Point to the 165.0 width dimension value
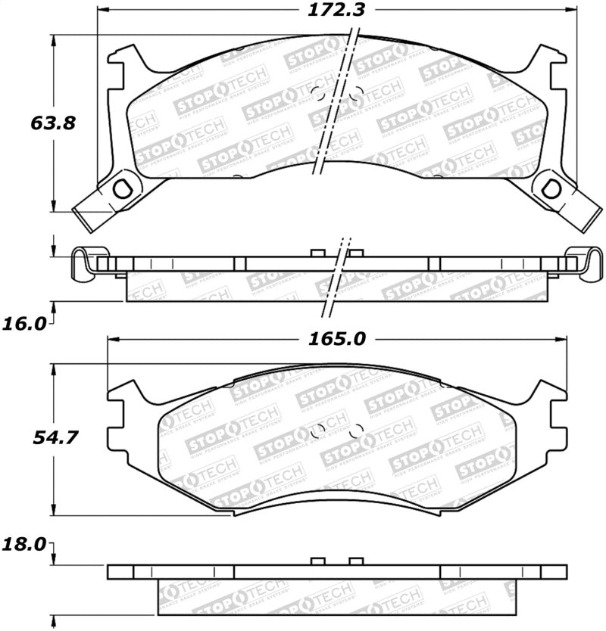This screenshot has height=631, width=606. pos(341,340)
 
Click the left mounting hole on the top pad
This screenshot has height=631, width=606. pos(119,188)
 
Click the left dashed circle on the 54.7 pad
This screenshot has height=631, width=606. pos(319,430)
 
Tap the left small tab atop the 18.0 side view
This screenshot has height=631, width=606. pos(318,561)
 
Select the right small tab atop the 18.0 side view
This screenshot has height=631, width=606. pos(354,561)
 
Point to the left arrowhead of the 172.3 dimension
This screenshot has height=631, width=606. pos(104,11)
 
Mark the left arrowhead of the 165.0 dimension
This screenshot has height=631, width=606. pos(113,340)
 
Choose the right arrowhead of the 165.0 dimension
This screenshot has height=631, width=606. pos(564,340)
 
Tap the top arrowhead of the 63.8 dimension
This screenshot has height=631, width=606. pos(54,40)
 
